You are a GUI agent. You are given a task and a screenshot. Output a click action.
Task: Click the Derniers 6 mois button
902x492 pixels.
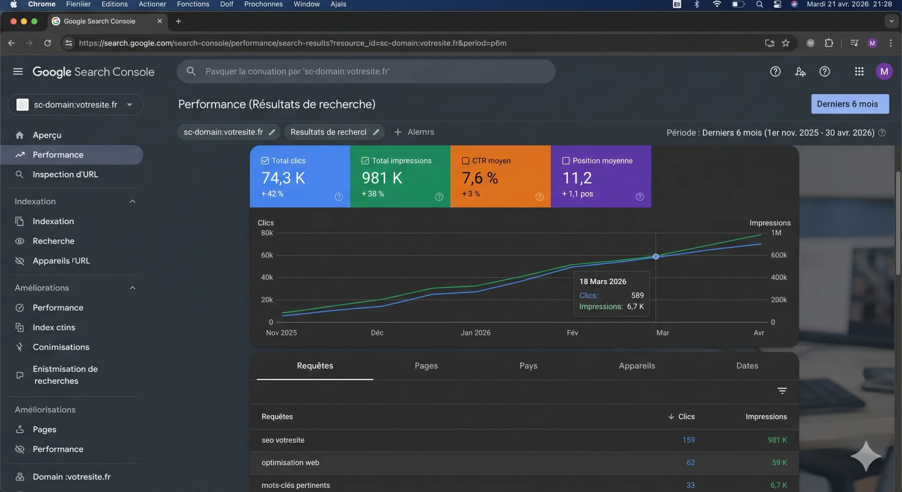(850, 104)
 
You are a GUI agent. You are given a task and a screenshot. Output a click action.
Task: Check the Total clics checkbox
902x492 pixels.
(265, 161)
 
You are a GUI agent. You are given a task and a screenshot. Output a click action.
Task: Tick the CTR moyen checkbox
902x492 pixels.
(465, 161)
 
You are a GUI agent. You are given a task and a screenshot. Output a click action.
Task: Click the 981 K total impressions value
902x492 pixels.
(382, 178)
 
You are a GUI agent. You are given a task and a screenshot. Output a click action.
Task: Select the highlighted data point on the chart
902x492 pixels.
(655, 257)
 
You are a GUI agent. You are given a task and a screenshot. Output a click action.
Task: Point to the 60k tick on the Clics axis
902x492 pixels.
(267, 255)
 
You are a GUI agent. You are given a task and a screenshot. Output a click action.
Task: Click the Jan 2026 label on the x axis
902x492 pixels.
(475, 333)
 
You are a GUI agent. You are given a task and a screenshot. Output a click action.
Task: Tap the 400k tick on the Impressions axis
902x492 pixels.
(778, 277)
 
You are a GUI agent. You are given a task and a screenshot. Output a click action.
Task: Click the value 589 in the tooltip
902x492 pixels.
(637, 295)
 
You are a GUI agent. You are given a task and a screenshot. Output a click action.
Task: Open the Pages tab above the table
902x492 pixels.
(426, 366)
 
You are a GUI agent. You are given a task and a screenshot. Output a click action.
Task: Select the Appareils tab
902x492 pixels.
(637, 366)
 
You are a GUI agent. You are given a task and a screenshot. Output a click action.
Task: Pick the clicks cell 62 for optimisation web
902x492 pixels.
(690, 462)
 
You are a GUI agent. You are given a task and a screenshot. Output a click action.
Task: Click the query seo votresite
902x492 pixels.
(283, 440)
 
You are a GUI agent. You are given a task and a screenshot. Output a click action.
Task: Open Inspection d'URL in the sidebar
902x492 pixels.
(65, 174)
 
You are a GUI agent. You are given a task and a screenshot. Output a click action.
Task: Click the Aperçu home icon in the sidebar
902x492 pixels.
(20, 135)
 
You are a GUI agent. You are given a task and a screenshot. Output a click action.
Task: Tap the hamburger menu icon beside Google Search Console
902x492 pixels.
(18, 72)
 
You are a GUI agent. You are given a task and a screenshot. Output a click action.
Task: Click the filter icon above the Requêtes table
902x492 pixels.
(782, 390)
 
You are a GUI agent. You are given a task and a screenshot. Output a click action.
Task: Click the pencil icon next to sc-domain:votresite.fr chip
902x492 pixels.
(272, 132)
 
